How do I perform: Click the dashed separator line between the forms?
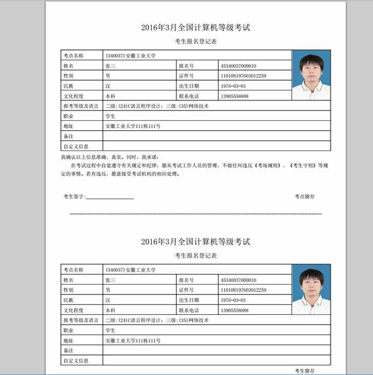[196, 214]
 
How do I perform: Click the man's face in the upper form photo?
[311, 69]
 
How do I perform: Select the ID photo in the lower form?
[311, 288]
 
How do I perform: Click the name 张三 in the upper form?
[111, 66]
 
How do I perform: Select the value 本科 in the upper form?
[111, 96]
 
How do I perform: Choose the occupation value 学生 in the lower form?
[111, 330]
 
